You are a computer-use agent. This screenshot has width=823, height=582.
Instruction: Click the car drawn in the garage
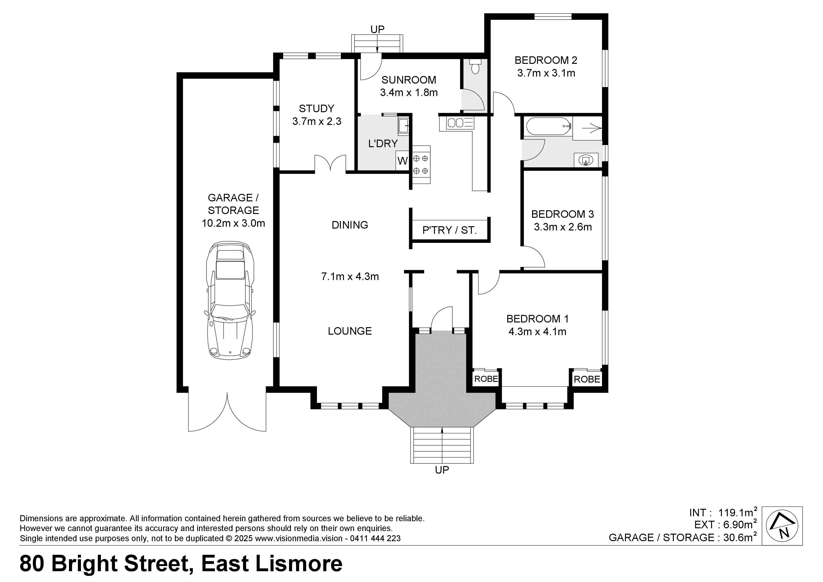[x=230, y=300]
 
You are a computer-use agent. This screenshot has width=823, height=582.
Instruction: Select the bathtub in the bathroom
[x=548, y=126]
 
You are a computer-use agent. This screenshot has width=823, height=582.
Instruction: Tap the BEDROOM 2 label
[x=546, y=60]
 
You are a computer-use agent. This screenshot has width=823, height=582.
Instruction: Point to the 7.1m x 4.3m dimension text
[x=350, y=276]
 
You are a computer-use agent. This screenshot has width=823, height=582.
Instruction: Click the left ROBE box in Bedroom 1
[x=486, y=379]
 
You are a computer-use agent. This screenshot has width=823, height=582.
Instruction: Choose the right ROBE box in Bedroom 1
[x=587, y=379]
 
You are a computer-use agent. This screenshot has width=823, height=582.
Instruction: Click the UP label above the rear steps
[x=377, y=29]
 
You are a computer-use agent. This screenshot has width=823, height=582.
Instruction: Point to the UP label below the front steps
[x=442, y=470]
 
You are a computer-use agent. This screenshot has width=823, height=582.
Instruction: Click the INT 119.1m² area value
[x=735, y=512]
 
